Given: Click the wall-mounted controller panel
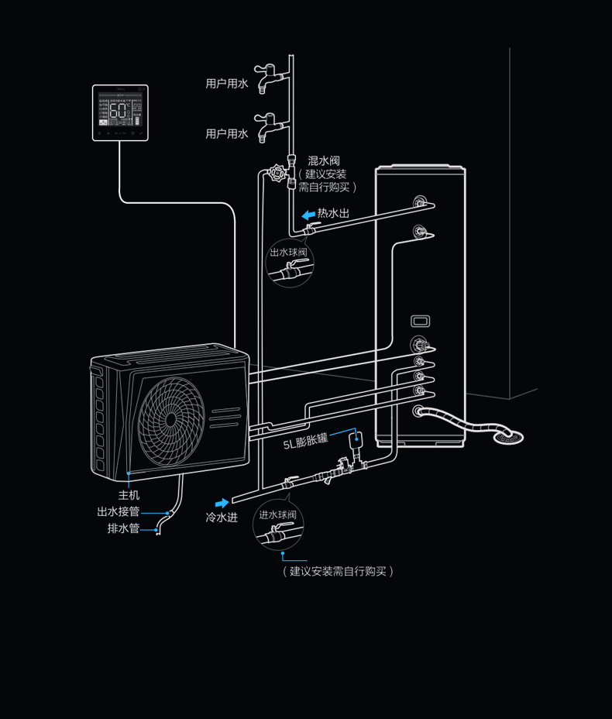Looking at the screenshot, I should (120, 112).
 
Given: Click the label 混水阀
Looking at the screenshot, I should (324, 160).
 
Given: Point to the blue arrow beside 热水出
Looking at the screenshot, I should (307, 214).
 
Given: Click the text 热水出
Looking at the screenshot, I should (333, 213).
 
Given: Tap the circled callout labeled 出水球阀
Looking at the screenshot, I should (290, 263).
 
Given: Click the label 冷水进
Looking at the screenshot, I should (222, 517).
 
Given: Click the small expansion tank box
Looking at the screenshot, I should (358, 439).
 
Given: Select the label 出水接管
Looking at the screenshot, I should (119, 511).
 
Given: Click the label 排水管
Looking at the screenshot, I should (123, 528).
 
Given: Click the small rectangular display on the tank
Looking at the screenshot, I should (420, 320).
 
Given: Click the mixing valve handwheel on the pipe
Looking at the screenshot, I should (277, 173).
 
